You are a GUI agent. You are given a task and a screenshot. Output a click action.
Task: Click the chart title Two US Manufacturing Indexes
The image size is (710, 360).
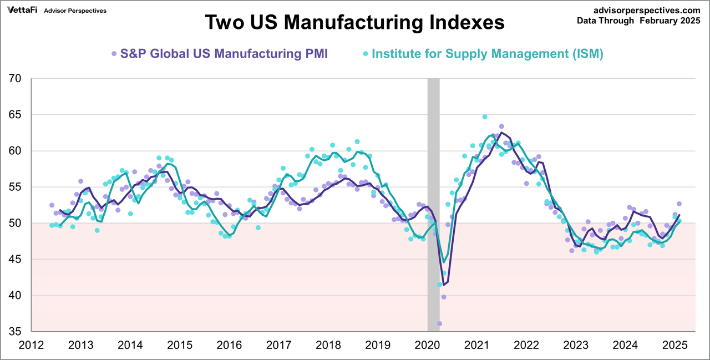pos(354,23)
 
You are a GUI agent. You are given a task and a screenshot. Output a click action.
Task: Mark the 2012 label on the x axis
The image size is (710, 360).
pos(31,345)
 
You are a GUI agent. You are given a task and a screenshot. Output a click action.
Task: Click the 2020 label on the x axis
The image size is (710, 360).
pos(427,345)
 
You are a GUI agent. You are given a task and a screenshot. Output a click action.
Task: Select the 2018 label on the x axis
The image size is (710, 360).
pos(328,345)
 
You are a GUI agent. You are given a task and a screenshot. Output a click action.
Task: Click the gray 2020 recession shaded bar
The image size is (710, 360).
pos(433,205)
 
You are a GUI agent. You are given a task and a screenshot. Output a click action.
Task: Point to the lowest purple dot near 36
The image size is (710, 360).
pos(439,323)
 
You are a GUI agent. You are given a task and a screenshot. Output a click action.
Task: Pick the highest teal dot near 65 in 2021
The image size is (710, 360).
pos(485,117)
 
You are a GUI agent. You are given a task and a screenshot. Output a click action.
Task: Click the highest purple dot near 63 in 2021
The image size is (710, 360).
pos(501,126)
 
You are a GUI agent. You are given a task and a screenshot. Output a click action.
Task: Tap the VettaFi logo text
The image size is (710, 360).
pos(22,10)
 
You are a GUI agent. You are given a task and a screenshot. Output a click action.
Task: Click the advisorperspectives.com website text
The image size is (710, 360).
pos(647,10)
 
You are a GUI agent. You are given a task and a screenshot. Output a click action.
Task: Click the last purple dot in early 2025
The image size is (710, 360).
pos(679,204)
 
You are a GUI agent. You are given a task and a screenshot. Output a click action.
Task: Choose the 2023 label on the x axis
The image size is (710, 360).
pos(576,345)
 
